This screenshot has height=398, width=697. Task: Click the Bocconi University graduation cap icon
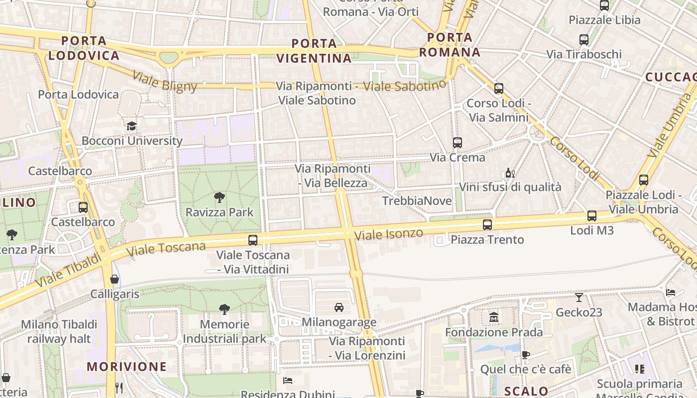click(x=131, y=126)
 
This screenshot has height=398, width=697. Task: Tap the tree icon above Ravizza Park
click(x=219, y=198)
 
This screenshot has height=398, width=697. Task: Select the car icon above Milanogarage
click(x=339, y=307)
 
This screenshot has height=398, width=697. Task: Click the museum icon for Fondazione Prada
click(x=493, y=317)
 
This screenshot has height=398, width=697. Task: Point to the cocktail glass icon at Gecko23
click(x=579, y=298)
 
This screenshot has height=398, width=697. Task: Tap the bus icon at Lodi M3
click(x=591, y=215)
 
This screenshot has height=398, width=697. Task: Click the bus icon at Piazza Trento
click(x=487, y=225)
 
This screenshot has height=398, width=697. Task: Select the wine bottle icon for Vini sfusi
click(x=510, y=173)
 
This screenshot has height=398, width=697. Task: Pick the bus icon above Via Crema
click(x=457, y=143)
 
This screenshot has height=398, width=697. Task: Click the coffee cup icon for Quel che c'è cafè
click(x=525, y=355)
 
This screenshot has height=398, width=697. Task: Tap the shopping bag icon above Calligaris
click(x=115, y=279)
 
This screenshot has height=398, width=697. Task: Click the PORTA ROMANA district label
click(x=450, y=45)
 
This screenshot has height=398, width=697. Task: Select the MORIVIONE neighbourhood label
click(x=127, y=367)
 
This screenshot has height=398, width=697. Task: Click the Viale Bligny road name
click(x=165, y=82)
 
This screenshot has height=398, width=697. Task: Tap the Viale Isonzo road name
click(x=388, y=234)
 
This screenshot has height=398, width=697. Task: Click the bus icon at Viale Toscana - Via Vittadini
click(x=253, y=240)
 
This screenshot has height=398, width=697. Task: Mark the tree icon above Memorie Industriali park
click(x=225, y=309)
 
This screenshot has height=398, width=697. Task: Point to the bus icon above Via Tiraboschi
click(x=584, y=39)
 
